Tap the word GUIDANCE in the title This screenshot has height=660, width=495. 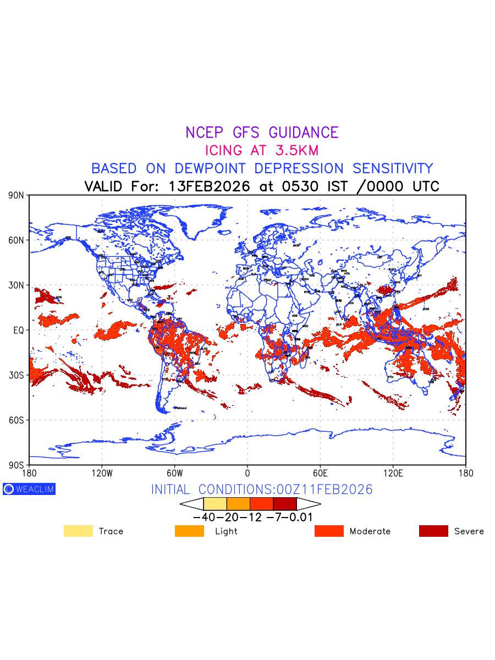click(x=304, y=133)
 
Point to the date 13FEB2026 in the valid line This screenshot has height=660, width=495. click(x=210, y=186)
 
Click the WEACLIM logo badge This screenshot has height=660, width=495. click(x=29, y=489)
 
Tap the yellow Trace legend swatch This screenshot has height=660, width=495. click(x=78, y=531)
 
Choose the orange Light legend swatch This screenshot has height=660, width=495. click(x=189, y=531)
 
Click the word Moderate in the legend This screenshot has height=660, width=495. click(x=370, y=531)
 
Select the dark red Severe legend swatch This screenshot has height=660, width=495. click(x=433, y=531)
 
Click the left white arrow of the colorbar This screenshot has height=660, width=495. click(x=191, y=504)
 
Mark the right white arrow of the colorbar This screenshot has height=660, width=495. click(x=309, y=504)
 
